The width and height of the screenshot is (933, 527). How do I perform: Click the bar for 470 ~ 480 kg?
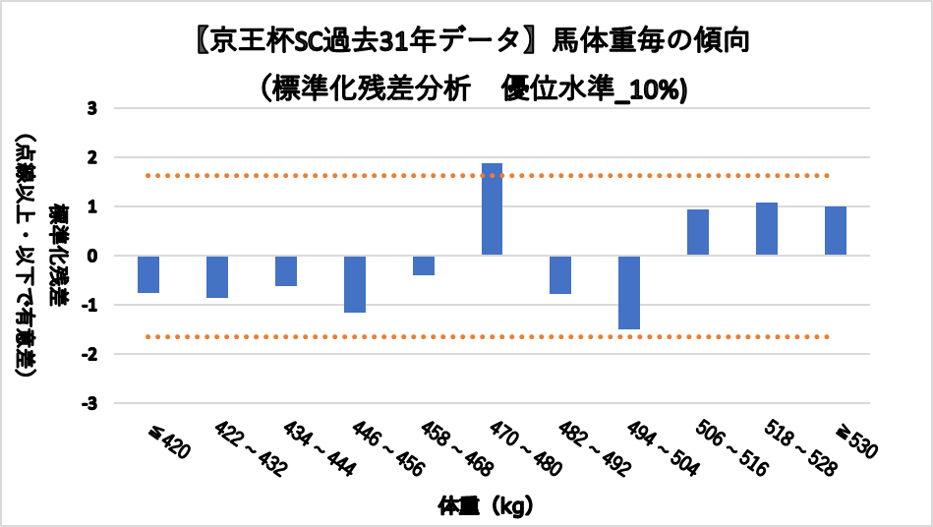(492, 209)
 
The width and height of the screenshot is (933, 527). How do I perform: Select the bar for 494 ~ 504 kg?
(629, 292)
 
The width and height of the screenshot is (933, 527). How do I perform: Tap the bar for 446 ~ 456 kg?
(354, 284)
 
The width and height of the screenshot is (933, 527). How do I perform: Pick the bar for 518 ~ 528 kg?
(767, 229)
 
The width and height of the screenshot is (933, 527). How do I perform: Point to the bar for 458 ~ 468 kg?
(424, 265)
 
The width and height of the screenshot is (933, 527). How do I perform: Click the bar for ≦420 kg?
(148, 274)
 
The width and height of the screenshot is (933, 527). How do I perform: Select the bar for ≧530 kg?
(836, 231)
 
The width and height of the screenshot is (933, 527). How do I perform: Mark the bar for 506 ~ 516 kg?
(698, 232)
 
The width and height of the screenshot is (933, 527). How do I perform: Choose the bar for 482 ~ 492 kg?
(560, 274)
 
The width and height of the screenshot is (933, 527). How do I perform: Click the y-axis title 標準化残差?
(61, 256)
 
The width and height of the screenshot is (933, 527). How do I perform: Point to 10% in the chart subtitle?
(661, 89)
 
